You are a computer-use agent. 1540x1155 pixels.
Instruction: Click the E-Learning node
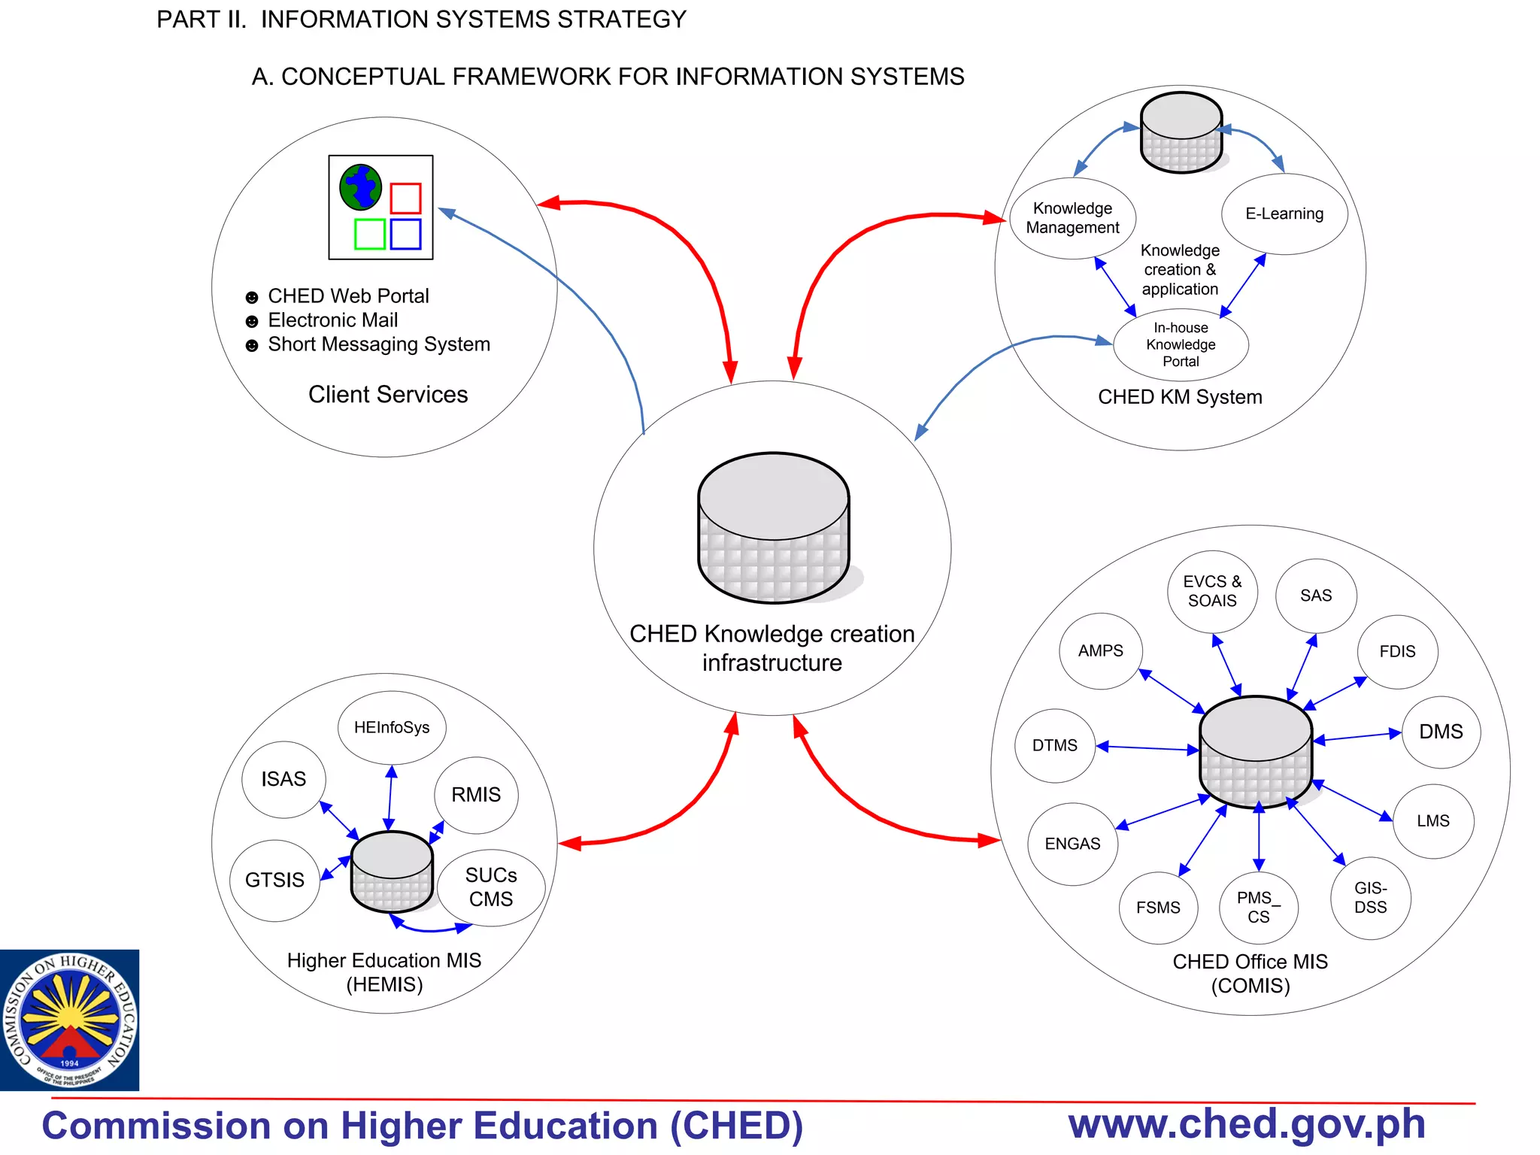click(x=1284, y=214)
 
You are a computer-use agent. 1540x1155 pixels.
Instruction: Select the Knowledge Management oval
click(x=1072, y=218)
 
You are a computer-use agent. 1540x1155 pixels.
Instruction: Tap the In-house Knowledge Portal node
click(x=1181, y=344)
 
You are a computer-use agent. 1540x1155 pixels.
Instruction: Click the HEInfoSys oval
click(x=392, y=727)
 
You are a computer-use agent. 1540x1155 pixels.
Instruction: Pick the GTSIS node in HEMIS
click(x=274, y=880)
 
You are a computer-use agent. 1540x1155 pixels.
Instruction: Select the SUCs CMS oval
click(x=491, y=887)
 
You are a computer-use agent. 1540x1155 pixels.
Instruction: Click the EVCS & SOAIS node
click(x=1212, y=591)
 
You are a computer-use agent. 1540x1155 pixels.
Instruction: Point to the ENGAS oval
click(x=1072, y=844)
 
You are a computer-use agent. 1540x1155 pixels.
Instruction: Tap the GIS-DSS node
click(x=1370, y=898)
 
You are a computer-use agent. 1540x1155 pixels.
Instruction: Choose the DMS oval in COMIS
click(x=1441, y=732)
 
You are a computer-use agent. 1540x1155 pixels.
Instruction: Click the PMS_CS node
click(x=1258, y=907)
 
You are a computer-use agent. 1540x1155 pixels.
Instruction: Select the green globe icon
click(x=361, y=186)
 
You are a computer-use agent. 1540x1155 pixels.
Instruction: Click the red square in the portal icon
click(x=405, y=199)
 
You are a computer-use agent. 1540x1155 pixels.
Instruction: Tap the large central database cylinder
click(x=774, y=528)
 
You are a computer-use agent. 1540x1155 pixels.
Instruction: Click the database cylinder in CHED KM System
click(x=1181, y=133)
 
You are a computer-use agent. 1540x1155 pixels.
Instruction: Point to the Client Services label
click(x=388, y=395)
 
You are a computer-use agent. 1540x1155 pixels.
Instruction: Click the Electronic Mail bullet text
click(x=332, y=320)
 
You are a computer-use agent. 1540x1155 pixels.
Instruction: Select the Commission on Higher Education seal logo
click(x=69, y=1020)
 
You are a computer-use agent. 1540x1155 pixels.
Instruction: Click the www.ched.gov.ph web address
click(x=1247, y=1124)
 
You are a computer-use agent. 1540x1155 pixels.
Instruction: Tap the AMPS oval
click(x=1100, y=651)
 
